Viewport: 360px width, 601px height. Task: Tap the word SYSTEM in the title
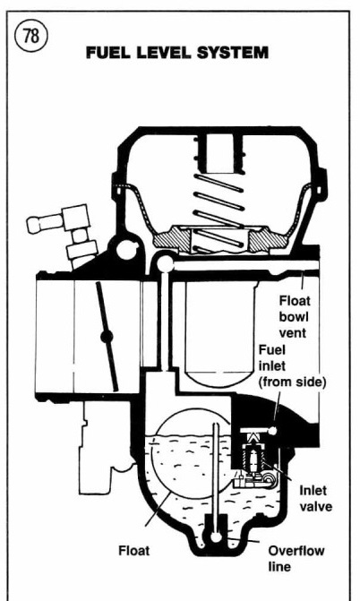click(x=232, y=53)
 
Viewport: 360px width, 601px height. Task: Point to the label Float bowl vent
click(x=294, y=316)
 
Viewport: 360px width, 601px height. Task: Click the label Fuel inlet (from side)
click(x=292, y=366)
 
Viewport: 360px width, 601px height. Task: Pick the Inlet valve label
click(x=315, y=498)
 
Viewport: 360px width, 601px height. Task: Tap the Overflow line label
click(x=296, y=558)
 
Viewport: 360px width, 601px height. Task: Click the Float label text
click(x=133, y=551)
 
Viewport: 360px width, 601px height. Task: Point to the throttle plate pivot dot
click(x=107, y=337)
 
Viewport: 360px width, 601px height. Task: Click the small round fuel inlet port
click(x=272, y=431)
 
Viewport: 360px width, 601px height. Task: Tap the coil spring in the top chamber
click(x=219, y=213)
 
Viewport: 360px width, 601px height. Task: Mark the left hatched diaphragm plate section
click(x=171, y=239)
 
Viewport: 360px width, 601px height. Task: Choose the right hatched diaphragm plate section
click(x=268, y=240)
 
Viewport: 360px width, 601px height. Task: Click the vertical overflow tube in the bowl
click(x=216, y=479)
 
